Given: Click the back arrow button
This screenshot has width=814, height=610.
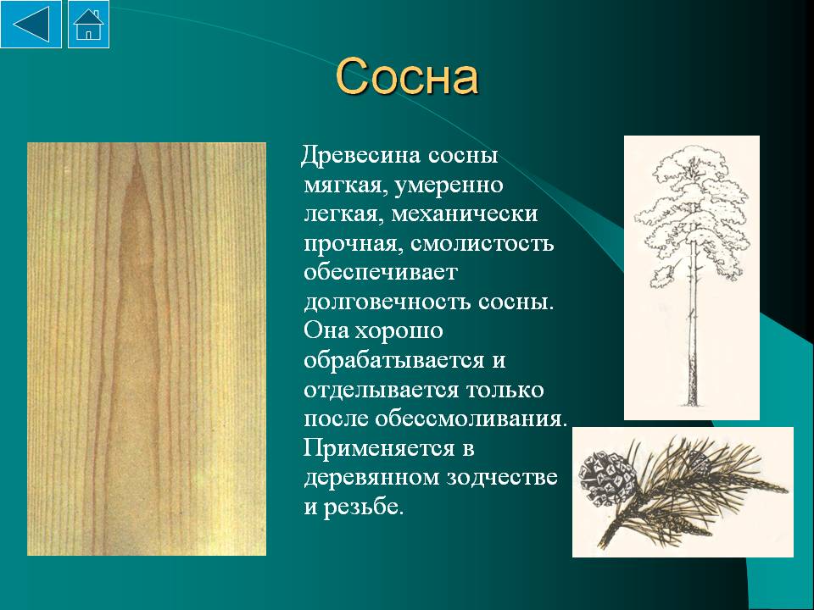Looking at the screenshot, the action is coord(31,25).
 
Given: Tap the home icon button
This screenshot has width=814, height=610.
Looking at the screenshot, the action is coord(89,25).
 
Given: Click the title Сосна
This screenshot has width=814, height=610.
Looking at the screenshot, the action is coord(406,77).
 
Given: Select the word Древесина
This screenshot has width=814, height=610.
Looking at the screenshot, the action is coord(362,155).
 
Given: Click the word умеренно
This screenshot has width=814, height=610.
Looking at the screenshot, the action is coord(449,186).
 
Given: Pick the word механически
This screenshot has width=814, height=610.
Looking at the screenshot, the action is coord(464,213).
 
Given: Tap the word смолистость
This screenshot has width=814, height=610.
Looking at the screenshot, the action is coord(482,243).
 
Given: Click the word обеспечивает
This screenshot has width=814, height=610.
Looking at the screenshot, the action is coord(380,272).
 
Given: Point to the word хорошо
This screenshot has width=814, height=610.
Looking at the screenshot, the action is coord(399,331).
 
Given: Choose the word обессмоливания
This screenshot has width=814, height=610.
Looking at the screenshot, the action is coord(471,418).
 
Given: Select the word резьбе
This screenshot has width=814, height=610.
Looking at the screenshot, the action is coord(364,507).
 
